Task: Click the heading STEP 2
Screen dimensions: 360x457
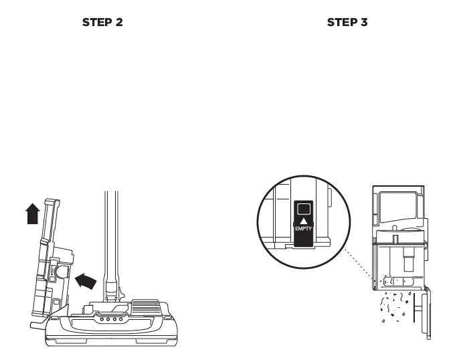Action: coord(102,23)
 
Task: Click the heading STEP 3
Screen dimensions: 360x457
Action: coord(347,23)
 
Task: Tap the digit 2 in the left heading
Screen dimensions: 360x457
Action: coord(119,23)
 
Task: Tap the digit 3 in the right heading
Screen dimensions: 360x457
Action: coord(364,23)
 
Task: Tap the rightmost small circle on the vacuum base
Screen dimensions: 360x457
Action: coord(120,319)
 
